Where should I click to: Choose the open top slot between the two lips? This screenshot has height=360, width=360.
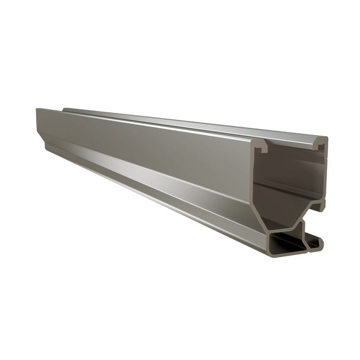click(x=292, y=144)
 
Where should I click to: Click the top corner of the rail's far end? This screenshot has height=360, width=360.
click(x=37, y=109)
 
